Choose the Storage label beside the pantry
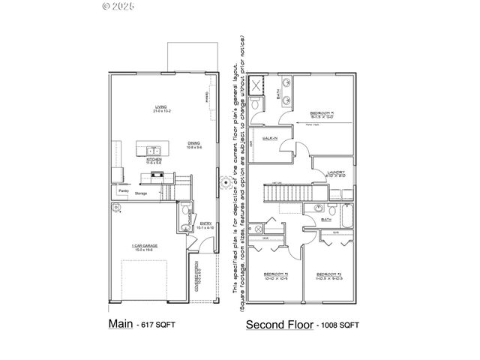click(x=142, y=193)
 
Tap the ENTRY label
click(x=205, y=223)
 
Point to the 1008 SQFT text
click(x=339, y=325)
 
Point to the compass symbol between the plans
click(x=223, y=182)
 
